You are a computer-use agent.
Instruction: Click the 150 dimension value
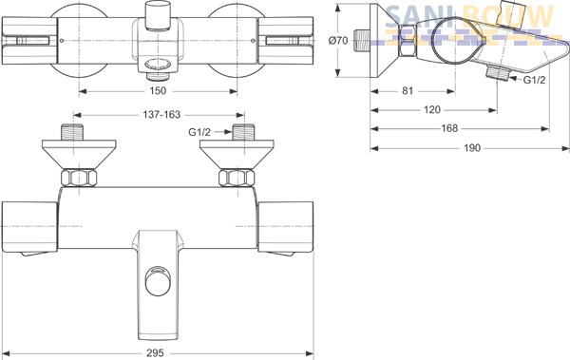(158, 90)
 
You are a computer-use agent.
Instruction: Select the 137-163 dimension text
(161, 115)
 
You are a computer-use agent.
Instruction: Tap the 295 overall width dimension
(155, 352)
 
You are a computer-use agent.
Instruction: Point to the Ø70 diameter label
(338, 40)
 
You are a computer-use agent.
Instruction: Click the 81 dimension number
(408, 90)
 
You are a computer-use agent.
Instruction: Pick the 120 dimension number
(432, 109)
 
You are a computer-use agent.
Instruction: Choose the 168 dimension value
(449, 128)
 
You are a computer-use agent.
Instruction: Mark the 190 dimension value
(472, 148)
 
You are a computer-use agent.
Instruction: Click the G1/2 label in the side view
(534, 80)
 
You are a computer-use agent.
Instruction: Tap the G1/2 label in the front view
(199, 132)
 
